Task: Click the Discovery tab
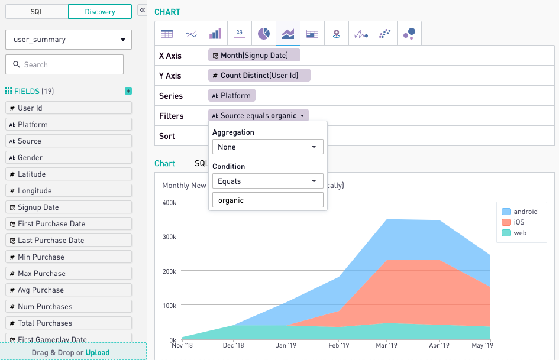click(x=100, y=12)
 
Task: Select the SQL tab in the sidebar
click(x=37, y=12)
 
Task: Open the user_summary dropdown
click(x=69, y=40)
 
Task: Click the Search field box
click(x=64, y=64)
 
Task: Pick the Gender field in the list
click(x=69, y=158)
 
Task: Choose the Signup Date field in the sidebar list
click(x=69, y=207)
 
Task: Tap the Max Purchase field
click(x=69, y=274)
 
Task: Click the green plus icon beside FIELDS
click(x=128, y=91)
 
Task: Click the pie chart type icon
click(x=264, y=34)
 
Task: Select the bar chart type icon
click(x=215, y=34)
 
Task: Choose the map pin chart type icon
click(x=337, y=34)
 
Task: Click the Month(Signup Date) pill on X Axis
click(x=254, y=56)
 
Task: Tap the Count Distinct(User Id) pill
click(x=259, y=76)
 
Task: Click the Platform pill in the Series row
click(x=231, y=96)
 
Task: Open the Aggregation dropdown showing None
click(x=267, y=147)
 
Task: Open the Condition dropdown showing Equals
click(x=267, y=181)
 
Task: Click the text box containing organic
click(x=267, y=200)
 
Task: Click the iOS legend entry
click(x=518, y=222)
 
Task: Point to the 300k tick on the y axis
click(x=169, y=236)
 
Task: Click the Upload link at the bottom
click(x=98, y=353)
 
